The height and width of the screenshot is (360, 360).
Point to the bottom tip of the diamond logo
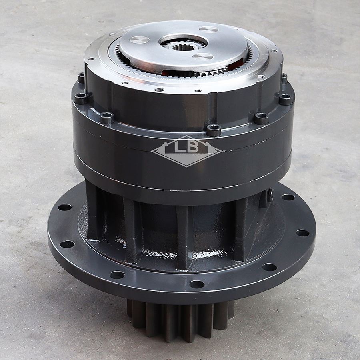(x=186, y=167)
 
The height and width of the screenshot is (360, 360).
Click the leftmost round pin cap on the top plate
(x=140, y=40)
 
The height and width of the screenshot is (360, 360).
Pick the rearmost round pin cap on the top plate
(x=208, y=29)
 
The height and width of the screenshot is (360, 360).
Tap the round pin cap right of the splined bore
(x=203, y=56)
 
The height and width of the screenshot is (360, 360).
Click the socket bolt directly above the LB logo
(x=214, y=130)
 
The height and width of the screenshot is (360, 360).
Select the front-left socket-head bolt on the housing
(x=106, y=118)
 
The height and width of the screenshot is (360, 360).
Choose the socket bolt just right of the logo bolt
(x=261, y=118)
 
